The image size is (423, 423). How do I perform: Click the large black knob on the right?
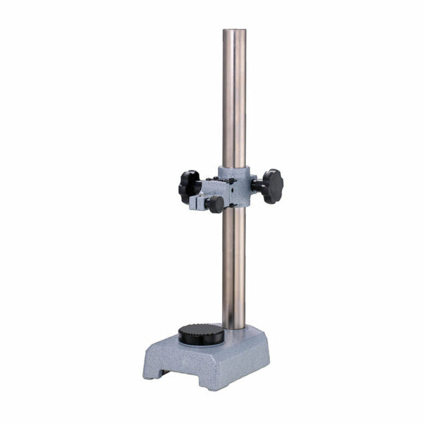pyautogui.click(x=271, y=186)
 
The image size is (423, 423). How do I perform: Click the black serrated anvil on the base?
pyautogui.click(x=201, y=333)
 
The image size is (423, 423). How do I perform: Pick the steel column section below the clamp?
pyautogui.click(x=234, y=268)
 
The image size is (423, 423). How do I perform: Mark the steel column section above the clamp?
pyautogui.click(x=234, y=99)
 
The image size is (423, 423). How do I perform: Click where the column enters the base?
pyautogui.click(x=235, y=329)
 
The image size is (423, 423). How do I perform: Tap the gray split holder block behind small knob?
pyautogui.click(x=197, y=204)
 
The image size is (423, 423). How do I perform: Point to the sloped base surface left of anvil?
pyautogui.click(x=166, y=345)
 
